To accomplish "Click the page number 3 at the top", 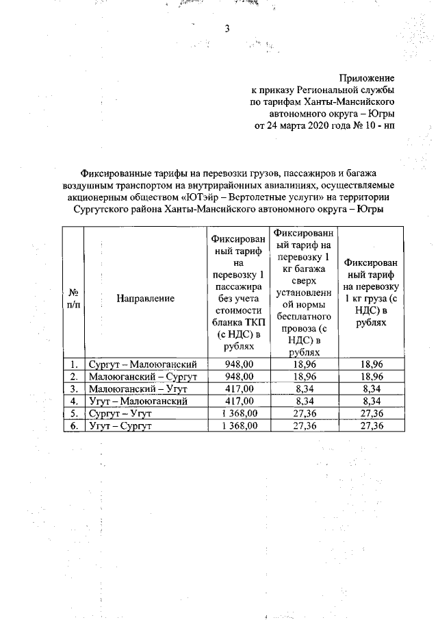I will (225, 28).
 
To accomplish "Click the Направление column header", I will (145, 298).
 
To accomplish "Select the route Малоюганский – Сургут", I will (143, 376).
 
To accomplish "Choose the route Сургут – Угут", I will (119, 413).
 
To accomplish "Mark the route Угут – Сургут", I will (119, 425).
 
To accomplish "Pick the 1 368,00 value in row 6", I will (240, 425).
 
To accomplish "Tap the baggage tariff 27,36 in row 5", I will (305, 413).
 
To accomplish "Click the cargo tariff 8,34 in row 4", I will (373, 401).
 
